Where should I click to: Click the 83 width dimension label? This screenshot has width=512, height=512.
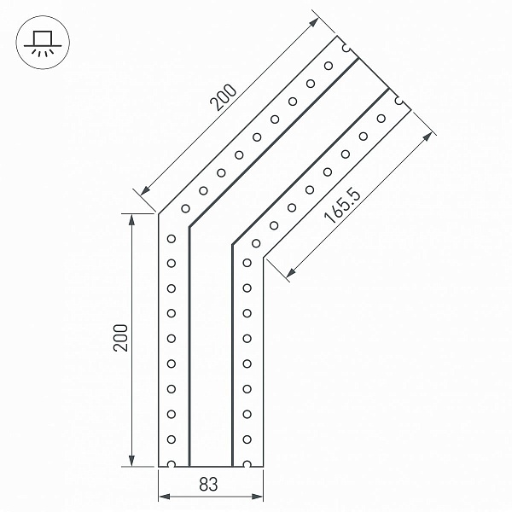click(x=208, y=484)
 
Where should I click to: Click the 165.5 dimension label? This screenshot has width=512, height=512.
click(x=342, y=207)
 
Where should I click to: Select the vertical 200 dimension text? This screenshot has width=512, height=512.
click(x=120, y=338)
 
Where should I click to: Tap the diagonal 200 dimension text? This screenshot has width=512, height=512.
click(x=223, y=97)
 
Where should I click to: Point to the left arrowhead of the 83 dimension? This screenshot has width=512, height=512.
click(x=164, y=497)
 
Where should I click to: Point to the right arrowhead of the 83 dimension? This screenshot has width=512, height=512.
click(x=258, y=497)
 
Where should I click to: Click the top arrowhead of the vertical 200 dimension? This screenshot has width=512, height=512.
click(x=131, y=219)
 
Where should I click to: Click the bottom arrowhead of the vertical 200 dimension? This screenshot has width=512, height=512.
click(x=131, y=461)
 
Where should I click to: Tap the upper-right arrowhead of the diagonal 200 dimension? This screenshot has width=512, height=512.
click(x=314, y=22)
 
